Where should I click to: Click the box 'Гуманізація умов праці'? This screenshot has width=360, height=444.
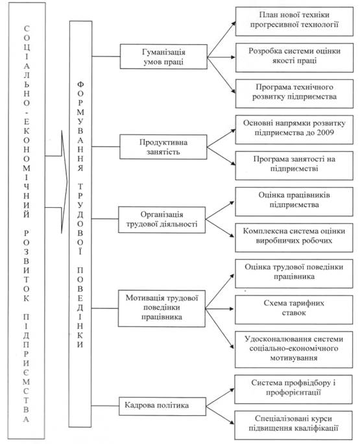163,56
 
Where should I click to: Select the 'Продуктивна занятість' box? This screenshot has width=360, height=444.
163,147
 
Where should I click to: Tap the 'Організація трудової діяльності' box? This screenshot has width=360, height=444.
162,220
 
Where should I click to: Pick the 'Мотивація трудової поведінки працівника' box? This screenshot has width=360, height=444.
162,308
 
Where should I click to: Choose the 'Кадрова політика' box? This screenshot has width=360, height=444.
162,406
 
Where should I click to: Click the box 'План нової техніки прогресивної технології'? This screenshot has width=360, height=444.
294,21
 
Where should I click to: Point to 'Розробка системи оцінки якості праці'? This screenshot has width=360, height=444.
294,58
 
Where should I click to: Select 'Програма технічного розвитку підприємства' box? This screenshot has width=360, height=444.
294,93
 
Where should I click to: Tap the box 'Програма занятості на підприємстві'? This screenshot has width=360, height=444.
294,166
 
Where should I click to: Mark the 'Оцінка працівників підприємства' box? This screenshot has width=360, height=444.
294,202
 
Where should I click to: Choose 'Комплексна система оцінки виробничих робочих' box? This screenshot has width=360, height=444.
294,238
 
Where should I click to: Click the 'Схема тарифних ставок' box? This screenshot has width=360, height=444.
294,310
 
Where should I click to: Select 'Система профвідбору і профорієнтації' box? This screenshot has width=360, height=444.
293,389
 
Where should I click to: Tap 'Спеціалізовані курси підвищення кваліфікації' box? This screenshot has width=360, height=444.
293,425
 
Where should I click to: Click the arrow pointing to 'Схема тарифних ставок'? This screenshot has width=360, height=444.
220,308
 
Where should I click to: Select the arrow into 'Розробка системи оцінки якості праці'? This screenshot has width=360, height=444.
221,57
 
